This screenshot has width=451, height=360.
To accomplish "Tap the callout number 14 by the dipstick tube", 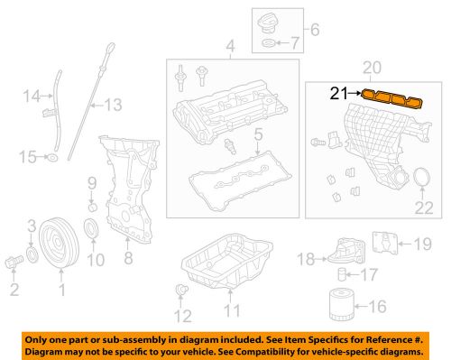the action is (31, 94).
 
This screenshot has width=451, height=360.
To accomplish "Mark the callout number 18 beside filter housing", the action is (307, 259).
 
